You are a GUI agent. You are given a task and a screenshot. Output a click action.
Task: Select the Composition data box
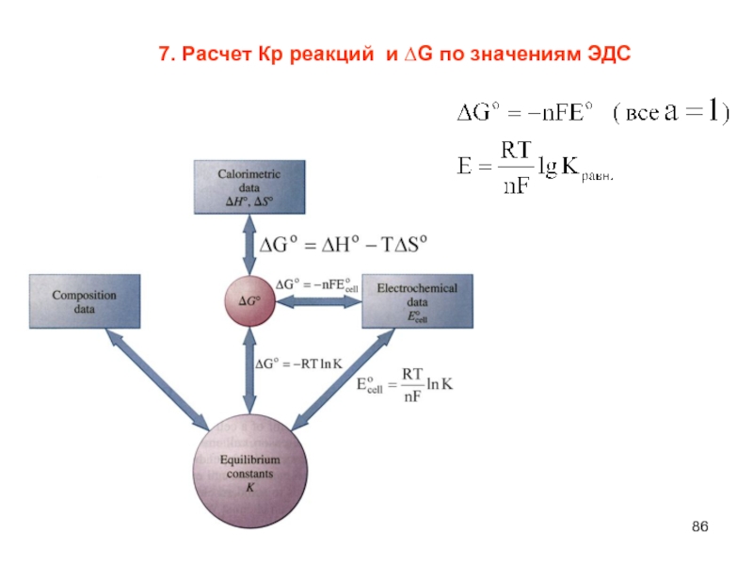tap(85, 300)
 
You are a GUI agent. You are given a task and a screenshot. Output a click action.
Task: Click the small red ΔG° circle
tap(249, 302)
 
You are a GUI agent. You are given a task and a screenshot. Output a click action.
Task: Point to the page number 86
tap(698, 525)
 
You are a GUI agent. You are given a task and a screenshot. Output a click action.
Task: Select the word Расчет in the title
tap(216, 56)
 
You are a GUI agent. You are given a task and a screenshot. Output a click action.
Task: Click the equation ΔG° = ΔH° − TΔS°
tap(344, 244)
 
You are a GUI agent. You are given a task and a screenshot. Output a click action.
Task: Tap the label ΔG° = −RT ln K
tap(300, 363)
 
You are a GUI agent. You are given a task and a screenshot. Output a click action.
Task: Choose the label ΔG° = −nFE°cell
tap(317, 283)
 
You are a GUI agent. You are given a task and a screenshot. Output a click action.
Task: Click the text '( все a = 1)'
tap(671, 114)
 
